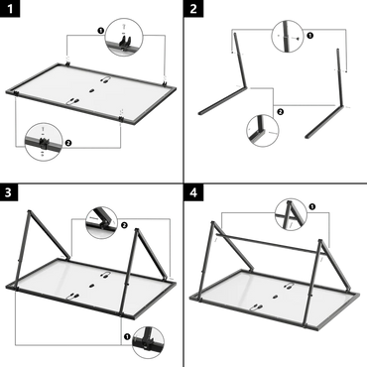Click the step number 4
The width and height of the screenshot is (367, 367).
[194, 190]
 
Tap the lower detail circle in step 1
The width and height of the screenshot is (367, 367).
[41, 142]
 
